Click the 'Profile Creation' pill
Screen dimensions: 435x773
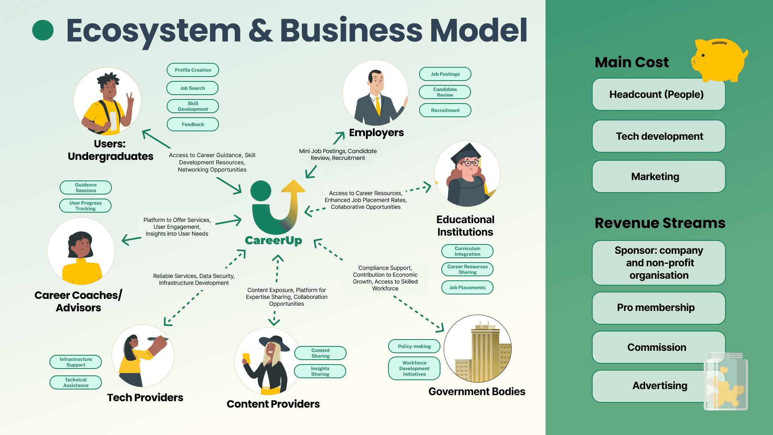(193, 70)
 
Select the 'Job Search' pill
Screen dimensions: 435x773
(192, 88)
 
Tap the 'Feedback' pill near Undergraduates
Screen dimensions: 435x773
(193, 124)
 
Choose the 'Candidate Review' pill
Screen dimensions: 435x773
(445, 92)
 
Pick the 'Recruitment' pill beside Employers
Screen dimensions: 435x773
(445, 110)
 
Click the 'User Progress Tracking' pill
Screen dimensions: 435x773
(85, 206)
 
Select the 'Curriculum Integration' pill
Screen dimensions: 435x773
(467, 251)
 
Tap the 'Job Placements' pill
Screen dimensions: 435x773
(467, 288)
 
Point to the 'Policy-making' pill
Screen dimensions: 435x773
(414, 346)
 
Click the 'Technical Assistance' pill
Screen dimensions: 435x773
(76, 383)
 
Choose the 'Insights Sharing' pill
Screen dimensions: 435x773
(320, 371)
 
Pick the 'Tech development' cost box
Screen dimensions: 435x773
(659, 137)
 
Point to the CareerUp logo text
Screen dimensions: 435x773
(273, 240)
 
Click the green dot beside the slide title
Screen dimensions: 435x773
(43, 31)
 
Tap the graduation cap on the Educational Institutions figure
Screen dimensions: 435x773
(467, 153)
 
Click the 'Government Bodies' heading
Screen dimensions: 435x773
(477, 391)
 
